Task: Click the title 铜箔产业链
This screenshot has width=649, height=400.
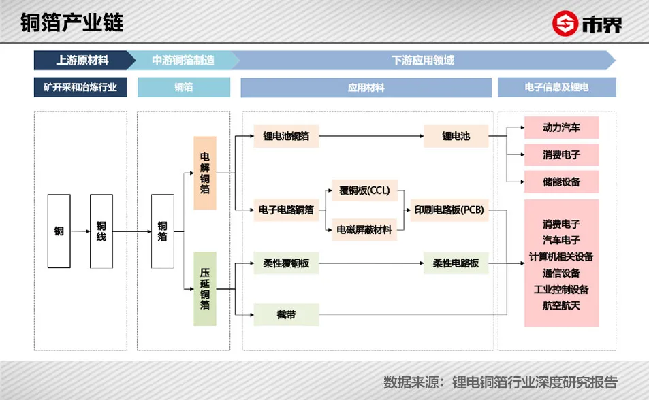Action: point(72,22)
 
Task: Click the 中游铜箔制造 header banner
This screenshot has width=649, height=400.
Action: point(183,60)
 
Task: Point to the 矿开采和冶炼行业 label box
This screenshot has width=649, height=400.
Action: point(80,88)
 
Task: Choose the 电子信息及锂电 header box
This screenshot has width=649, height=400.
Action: point(556,88)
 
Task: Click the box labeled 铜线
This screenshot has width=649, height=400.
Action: point(101,231)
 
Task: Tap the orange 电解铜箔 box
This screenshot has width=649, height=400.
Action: point(204,173)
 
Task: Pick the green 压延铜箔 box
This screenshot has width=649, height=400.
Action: point(204,288)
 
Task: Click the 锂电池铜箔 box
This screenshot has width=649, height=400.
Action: point(286,136)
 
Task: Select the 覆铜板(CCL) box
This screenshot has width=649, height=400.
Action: point(364,191)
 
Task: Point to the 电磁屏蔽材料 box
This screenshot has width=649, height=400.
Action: point(364,230)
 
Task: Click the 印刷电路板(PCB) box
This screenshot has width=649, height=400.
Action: point(449,210)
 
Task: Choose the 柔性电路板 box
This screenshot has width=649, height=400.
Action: point(456,263)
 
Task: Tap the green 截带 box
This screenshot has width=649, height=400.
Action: point(286,314)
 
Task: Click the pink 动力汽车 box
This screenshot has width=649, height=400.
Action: point(561,128)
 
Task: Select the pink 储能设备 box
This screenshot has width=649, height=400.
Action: point(561,182)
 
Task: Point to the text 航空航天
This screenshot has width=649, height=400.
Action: point(561,305)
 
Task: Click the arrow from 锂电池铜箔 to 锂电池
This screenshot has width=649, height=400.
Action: point(370,136)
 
